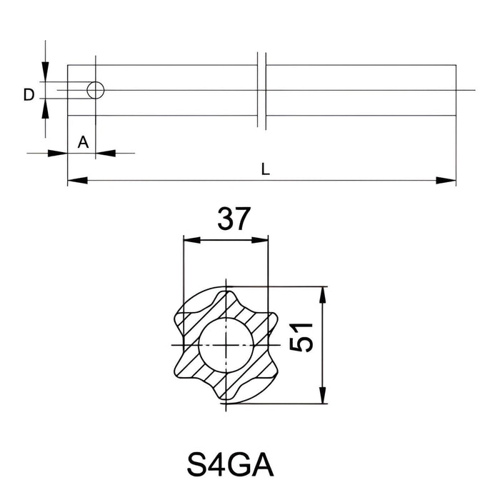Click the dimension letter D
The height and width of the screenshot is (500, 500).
coord(28,94)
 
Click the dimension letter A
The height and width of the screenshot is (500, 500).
coord(83,142)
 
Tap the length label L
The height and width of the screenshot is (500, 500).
coord(265,169)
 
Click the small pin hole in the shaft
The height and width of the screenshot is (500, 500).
coord(95,90)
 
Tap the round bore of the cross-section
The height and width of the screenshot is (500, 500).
coord(225,345)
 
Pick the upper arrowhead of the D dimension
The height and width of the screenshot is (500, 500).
coord(45,71)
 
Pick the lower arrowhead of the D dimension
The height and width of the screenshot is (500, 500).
coord(45,109)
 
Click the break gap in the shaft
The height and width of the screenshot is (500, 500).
coord(261,90)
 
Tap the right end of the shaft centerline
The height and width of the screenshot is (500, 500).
coord(474,90)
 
